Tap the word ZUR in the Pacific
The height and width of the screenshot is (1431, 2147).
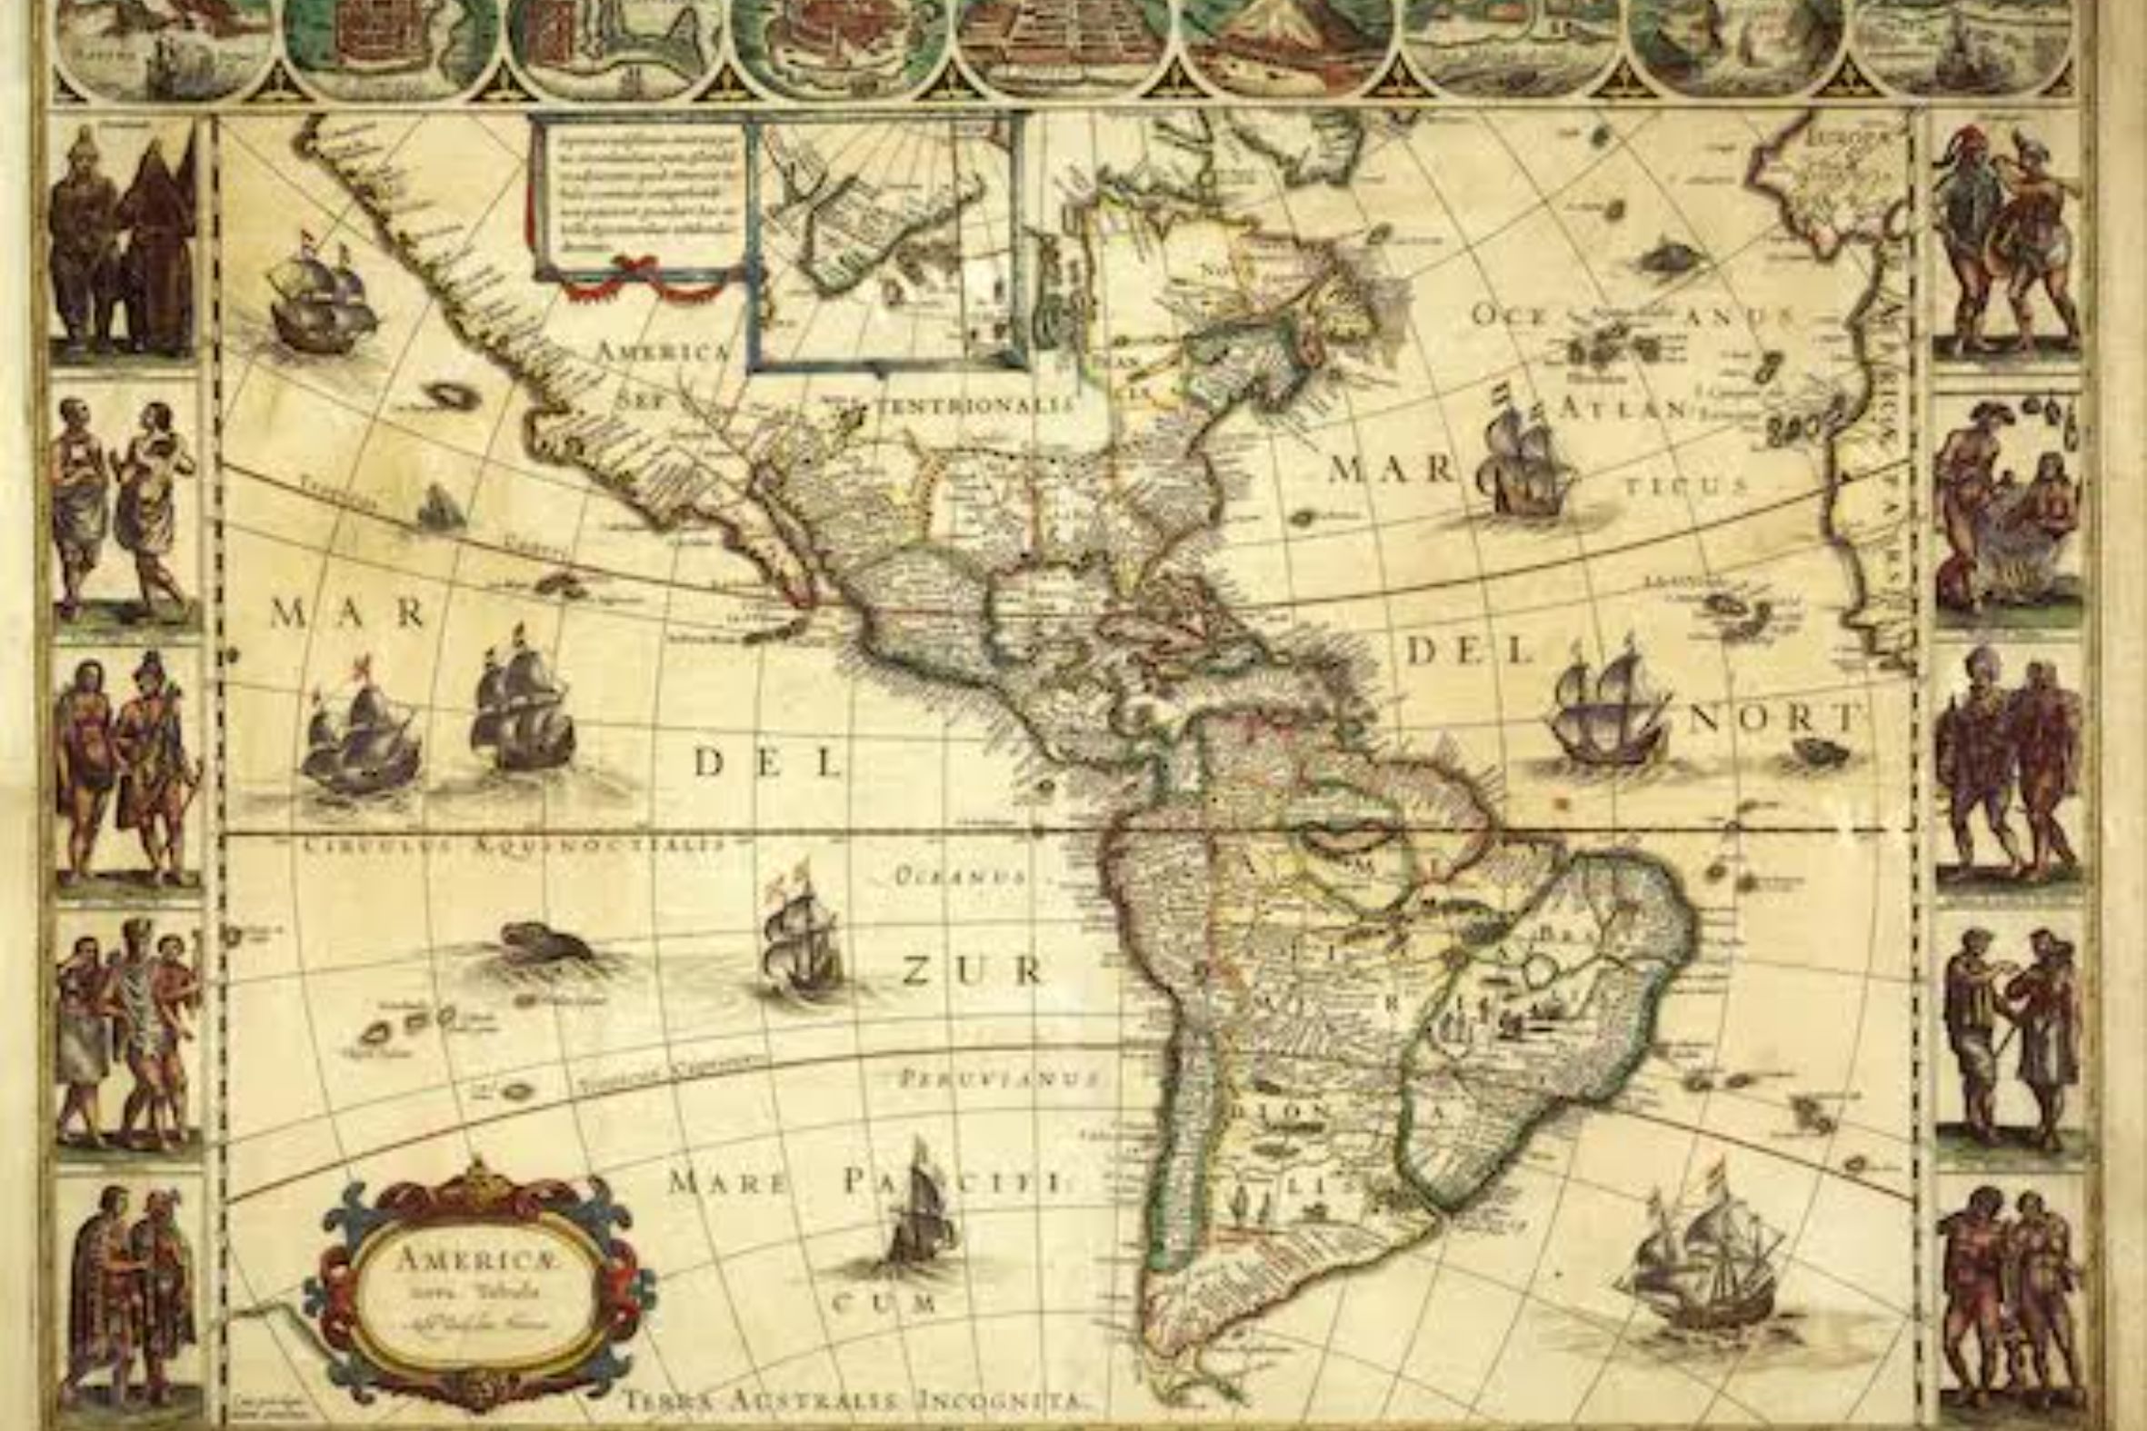coord(973,971)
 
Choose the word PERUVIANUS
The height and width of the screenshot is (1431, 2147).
coord(1001,1078)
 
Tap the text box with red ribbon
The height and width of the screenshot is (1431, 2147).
coord(639,201)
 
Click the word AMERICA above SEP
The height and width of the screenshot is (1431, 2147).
coord(664,353)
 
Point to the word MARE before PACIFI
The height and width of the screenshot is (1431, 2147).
coord(726,1184)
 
